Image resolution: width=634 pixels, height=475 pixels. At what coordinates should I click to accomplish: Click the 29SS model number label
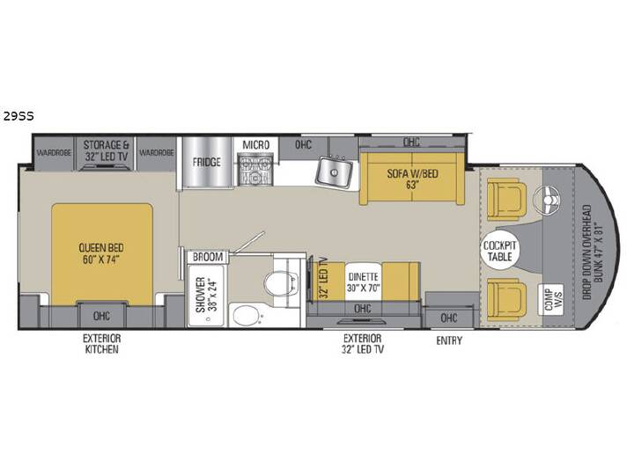tap(18, 116)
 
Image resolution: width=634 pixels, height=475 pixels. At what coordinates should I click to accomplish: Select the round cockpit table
tap(500, 251)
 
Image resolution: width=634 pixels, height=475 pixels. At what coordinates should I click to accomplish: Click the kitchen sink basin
tap(334, 173)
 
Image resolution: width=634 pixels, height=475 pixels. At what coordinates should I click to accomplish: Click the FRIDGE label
tap(207, 162)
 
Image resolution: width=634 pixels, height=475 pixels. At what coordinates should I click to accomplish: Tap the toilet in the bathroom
tap(283, 281)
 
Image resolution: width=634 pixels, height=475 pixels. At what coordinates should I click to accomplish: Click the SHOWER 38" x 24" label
tap(206, 295)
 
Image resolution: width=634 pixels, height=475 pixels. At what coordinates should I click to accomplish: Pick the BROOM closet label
tap(208, 257)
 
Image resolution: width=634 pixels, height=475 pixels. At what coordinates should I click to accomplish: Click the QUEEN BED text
tap(101, 247)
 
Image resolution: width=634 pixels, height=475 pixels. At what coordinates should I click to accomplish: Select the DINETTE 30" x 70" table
tap(364, 282)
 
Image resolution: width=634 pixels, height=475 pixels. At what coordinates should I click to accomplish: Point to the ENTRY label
tap(449, 341)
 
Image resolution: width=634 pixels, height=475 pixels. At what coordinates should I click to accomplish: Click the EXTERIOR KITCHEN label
tap(101, 344)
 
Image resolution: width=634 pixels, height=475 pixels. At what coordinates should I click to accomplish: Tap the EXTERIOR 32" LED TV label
tap(362, 344)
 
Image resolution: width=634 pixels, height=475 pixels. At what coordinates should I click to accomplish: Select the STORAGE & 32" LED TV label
tap(106, 150)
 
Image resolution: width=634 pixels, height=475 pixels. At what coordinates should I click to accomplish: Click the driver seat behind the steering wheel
tap(506, 199)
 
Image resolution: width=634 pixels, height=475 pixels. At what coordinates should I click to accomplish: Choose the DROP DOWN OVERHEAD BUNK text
tap(593, 252)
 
